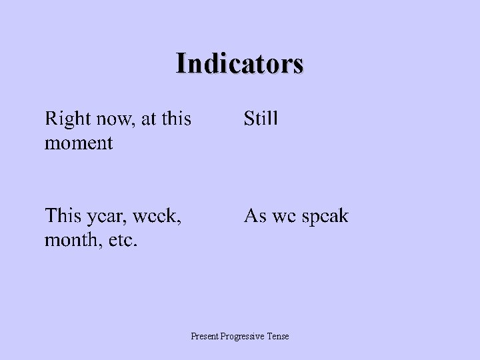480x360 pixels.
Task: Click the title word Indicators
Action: point(240,63)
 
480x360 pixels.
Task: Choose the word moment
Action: point(79,143)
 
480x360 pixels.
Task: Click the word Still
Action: point(261,120)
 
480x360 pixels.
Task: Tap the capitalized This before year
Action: point(62,217)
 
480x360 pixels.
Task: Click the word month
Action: point(68,239)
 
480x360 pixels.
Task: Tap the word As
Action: point(255,217)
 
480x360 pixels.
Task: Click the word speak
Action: point(325,217)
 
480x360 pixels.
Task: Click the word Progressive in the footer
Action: point(246,337)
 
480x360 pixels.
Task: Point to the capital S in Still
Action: point(249,120)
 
